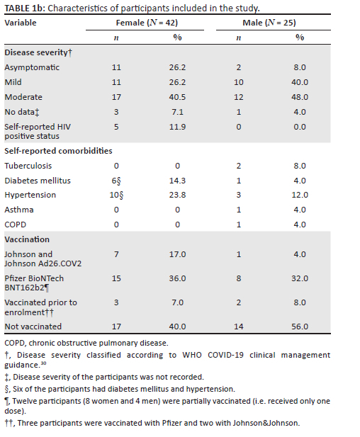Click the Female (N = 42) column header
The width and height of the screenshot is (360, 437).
point(147,23)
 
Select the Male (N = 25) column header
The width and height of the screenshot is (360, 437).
point(269,23)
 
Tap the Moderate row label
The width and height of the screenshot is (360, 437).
point(23,97)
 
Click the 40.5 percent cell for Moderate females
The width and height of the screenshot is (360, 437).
point(177,97)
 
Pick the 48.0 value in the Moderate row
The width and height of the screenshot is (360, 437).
point(300,97)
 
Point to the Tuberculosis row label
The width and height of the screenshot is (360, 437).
point(28,166)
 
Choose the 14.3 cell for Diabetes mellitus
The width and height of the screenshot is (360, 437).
point(177,181)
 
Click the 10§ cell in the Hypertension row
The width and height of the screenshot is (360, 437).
point(116,195)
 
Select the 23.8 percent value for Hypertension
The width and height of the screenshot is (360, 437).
point(177,195)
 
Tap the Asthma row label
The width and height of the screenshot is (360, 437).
point(19,210)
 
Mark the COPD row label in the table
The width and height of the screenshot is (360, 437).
point(16,225)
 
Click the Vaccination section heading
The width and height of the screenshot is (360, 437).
point(27,239)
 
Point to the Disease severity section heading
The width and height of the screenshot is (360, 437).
point(38,52)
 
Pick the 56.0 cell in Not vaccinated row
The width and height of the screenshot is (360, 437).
point(300,327)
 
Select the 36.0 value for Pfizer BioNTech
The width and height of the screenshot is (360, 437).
point(177,278)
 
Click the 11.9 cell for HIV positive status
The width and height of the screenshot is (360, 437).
point(177,127)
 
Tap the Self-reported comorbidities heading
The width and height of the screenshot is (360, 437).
point(58,151)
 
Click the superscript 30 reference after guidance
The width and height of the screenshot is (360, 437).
point(43,363)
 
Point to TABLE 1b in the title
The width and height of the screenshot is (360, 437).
point(25,8)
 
